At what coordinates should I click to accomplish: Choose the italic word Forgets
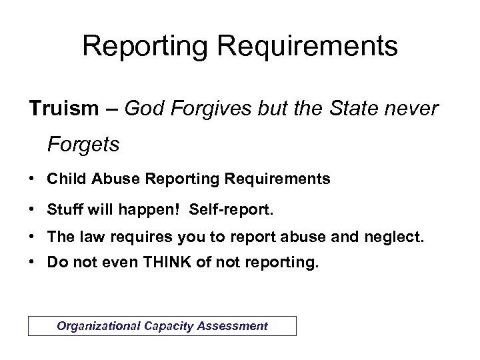coord(83,145)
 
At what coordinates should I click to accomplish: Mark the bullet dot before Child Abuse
coord(33,179)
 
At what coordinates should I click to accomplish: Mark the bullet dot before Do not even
coord(33,263)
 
